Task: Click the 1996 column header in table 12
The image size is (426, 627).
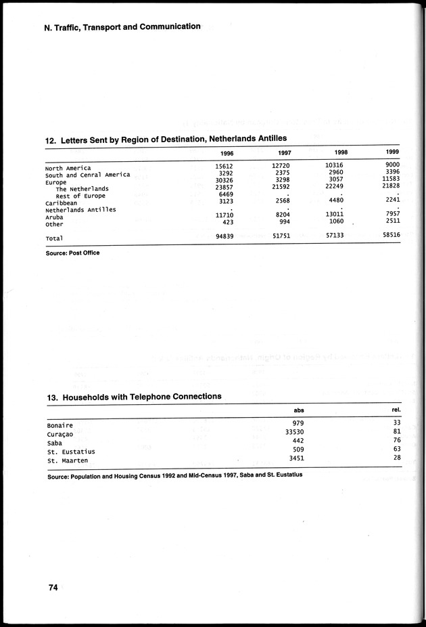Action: tap(227, 152)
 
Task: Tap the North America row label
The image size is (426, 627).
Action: tap(68, 168)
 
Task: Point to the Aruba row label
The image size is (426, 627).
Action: tap(56, 217)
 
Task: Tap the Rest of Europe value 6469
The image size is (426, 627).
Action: tap(226, 194)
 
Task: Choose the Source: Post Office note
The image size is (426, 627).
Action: tap(74, 253)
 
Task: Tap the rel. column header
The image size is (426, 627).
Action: tap(396, 410)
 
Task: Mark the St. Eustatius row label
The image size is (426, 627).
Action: tap(71, 452)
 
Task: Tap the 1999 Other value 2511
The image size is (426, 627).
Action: tap(389, 221)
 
